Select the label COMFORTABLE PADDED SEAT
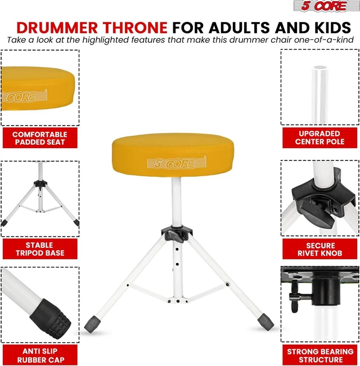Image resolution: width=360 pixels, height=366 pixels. tap(40, 138)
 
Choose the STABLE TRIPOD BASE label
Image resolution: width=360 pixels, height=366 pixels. tap(40, 249)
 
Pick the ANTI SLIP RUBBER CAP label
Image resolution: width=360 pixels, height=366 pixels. tap(40, 355)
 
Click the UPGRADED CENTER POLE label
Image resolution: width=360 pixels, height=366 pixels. tap(319, 138)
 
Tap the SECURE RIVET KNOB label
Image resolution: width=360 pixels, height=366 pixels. tap(319, 249)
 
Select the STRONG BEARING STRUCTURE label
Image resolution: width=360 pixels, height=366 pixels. tap(319, 355)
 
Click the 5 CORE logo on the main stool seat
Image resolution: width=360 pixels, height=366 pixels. tap(177, 163)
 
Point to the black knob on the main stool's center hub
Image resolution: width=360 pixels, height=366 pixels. tap(176, 236)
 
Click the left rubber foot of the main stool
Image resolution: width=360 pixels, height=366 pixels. tap(92, 325)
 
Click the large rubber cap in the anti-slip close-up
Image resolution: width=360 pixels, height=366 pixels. tap(51, 319)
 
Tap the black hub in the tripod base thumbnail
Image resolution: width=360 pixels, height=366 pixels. tap(40, 184)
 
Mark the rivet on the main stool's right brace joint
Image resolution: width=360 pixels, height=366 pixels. tap(227, 284)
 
